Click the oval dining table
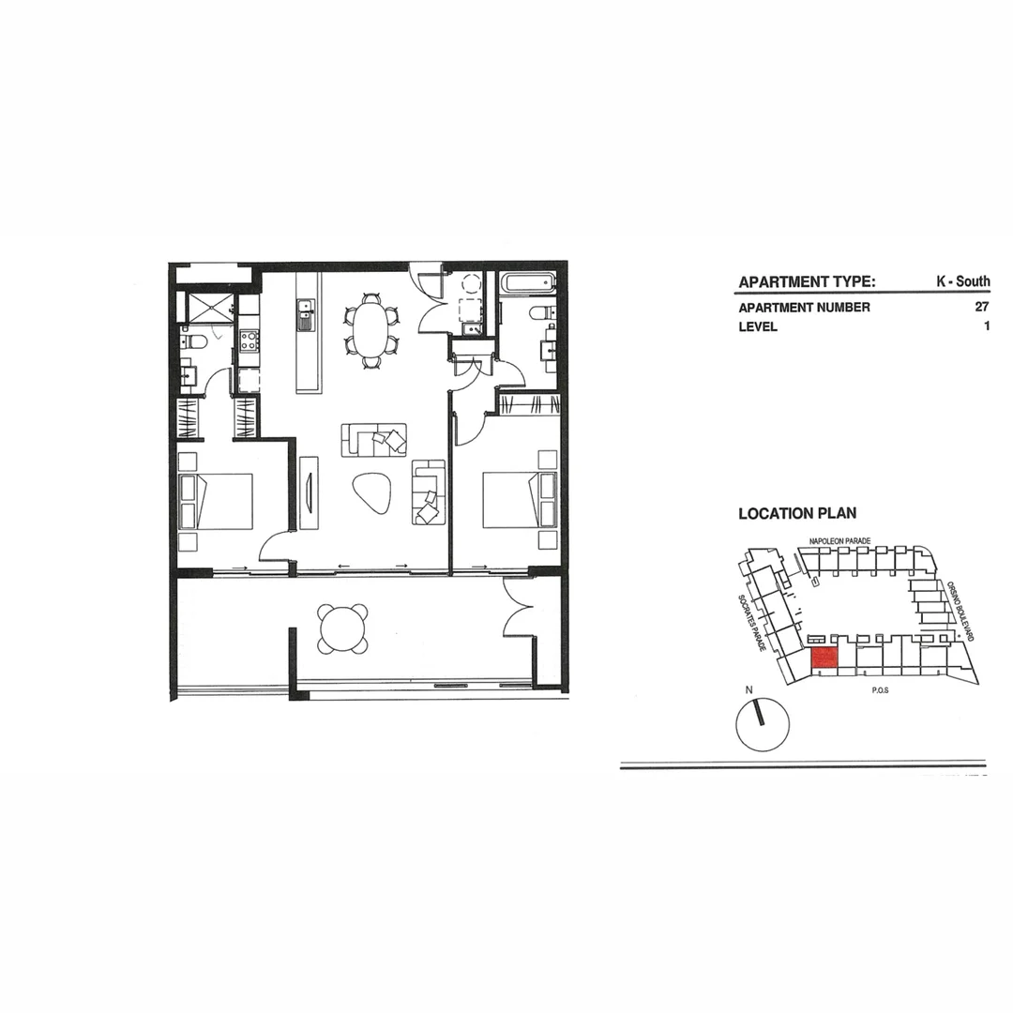pyautogui.click(x=371, y=328)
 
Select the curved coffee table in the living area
pyautogui.click(x=373, y=492)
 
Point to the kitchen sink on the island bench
pyautogui.click(x=306, y=315)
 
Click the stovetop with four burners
pyautogui.click(x=249, y=340)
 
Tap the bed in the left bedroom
pyautogui.click(x=217, y=501)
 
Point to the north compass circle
pyautogui.click(x=763, y=724)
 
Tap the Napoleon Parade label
pyautogui.click(x=840, y=541)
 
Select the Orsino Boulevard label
pyautogui.click(x=960, y=611)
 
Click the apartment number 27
pyautogui.click(x=982, y=307)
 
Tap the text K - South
pyautogui.click(x=962, y=281)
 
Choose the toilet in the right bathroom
pyautogui.click(x=540, y=313)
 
